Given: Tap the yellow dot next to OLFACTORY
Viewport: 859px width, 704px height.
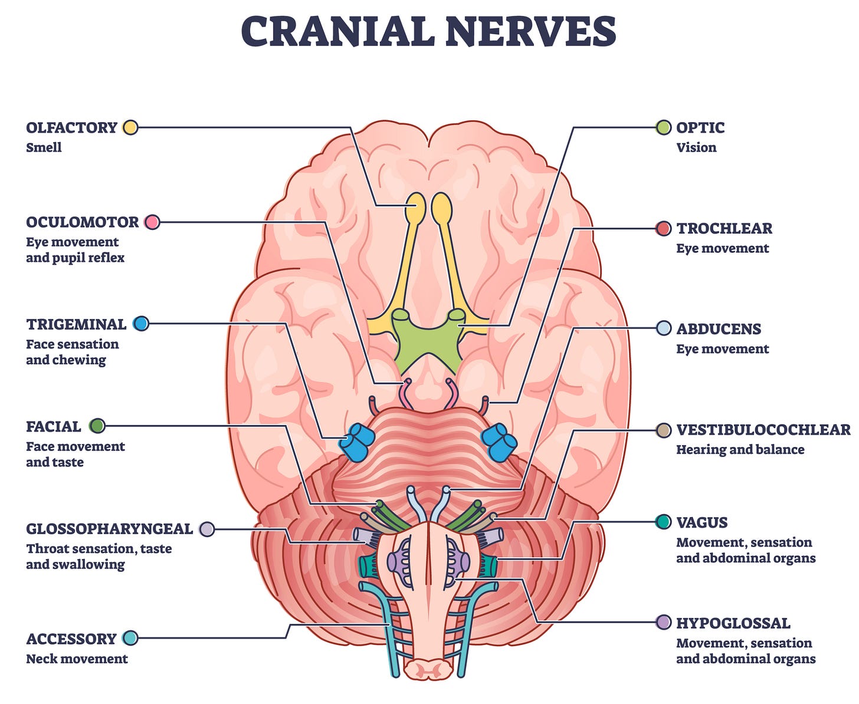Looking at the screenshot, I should point(130,127).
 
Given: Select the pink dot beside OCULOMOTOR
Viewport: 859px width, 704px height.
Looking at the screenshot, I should point(152,222).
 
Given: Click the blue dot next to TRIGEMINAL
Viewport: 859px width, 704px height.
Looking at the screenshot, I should point(141,324).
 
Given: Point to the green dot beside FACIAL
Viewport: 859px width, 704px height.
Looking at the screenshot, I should point(97,426).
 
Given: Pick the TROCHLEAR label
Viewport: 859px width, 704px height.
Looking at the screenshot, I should point(724,228).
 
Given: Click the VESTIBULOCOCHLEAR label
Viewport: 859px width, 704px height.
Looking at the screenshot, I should point(763,430).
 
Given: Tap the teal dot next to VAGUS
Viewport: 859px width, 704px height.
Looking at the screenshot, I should point(663,522).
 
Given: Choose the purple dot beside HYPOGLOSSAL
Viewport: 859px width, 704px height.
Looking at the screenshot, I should point(663,622).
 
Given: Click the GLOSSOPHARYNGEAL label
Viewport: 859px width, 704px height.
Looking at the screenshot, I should point(109,529).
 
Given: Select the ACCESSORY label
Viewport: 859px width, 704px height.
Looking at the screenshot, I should point(71,639).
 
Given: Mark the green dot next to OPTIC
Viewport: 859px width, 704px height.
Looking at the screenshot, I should point(663,127).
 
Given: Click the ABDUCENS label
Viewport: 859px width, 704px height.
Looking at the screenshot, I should point(719,329).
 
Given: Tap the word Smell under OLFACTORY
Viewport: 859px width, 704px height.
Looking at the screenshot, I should point(44,147).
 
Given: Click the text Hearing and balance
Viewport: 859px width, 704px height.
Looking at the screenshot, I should point(740,450).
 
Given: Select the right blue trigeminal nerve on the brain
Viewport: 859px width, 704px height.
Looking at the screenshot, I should point(499,442).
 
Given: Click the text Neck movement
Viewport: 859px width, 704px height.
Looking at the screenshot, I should point(77,659).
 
